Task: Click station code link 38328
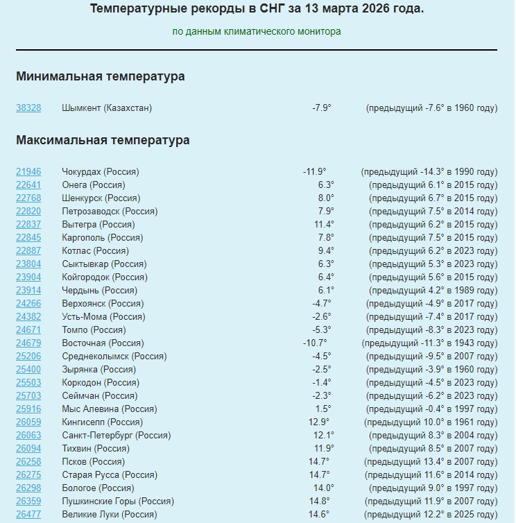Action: click(x=28, y=108)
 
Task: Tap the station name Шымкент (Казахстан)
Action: click(x=106, y=108)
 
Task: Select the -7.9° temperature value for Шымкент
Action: click(x=321, y=108)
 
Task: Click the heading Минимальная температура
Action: click(x=101, y=76)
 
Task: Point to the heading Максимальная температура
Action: click(x=103, y=140)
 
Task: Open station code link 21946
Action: click(x=28, y=172)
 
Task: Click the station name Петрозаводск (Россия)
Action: click(x=101, y=212)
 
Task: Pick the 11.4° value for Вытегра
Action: click(x=324, y=225)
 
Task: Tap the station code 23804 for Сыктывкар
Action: click(x=28, y=264)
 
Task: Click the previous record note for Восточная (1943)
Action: click(x=429, y=343)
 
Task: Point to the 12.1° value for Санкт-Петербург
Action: click(x=324, y=436)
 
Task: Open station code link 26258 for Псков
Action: click(x=28, y=462)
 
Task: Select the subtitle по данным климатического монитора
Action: click(x=257, y=32)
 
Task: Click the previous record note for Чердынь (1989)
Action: click(x=433, y=291)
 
